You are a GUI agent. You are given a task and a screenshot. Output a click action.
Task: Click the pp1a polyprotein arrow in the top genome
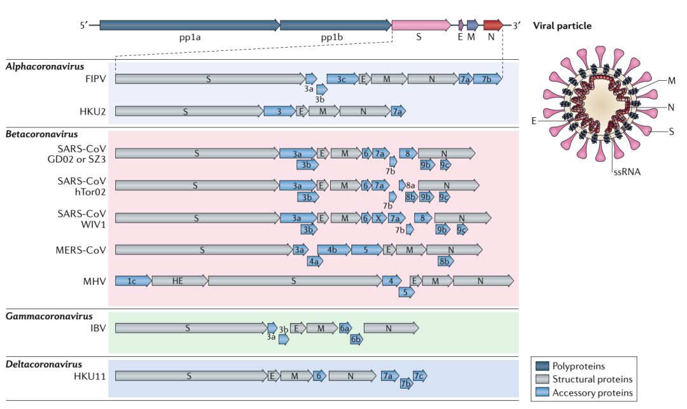click(189, 25)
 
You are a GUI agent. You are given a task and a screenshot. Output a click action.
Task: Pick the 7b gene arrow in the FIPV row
click(487, 79)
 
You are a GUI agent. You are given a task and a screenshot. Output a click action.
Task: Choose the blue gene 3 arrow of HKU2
click(279, 111)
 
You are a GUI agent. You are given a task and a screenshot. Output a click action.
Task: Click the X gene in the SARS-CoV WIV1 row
click(378, 218)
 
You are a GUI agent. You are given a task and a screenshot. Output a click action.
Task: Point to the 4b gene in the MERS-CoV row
click(333, 249)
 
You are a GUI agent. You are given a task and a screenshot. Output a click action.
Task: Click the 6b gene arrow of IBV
click(357, 340)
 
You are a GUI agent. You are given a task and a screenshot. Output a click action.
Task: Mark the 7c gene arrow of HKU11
click(419, 376)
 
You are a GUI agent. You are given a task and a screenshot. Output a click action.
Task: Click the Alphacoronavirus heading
click(45, 66)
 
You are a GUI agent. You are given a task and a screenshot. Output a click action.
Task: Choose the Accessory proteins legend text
click(592, 393)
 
